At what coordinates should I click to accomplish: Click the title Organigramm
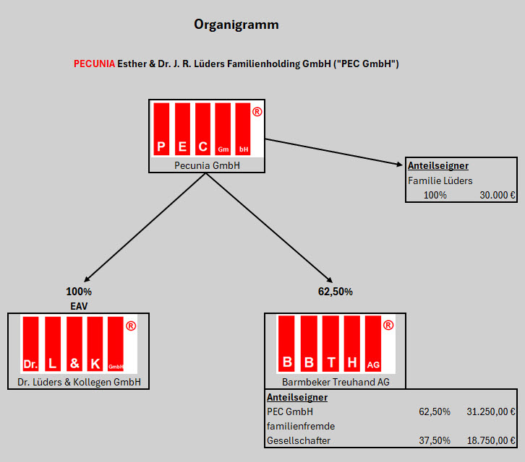[x=236, y=25]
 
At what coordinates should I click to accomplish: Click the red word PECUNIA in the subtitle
[x=94, y=64]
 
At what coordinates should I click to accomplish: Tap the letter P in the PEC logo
[x=161, y=147]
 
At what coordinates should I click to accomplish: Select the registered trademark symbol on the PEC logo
[x=257, y=112]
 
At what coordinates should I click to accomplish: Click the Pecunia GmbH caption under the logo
[x=207, y=165]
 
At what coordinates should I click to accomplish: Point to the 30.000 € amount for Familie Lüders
[x=498, y=195]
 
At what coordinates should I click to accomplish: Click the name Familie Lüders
[x=440, y=181]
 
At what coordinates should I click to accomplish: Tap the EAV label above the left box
[x=79, y=306]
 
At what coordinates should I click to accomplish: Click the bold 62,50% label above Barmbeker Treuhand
[x=335, y=292]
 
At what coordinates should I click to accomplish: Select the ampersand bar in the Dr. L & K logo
[x=74, y=344]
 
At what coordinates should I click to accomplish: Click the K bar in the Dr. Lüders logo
[x=95, y=344]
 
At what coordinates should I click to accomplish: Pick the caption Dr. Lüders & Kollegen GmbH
[x=79, y=382]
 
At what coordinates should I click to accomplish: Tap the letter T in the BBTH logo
[x=331, y=362]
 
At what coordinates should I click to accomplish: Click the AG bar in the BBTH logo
[x=373, y=344]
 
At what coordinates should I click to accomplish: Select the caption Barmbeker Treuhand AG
[x=336, y=382]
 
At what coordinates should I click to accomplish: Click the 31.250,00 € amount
[x=491, y=411]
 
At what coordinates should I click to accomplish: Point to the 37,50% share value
[x=435, y=440]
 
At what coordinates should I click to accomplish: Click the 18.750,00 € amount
[x=491, y=440]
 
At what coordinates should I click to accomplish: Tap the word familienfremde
[x=301, y=426]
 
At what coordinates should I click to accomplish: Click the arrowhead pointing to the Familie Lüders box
[x=399, y=164]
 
